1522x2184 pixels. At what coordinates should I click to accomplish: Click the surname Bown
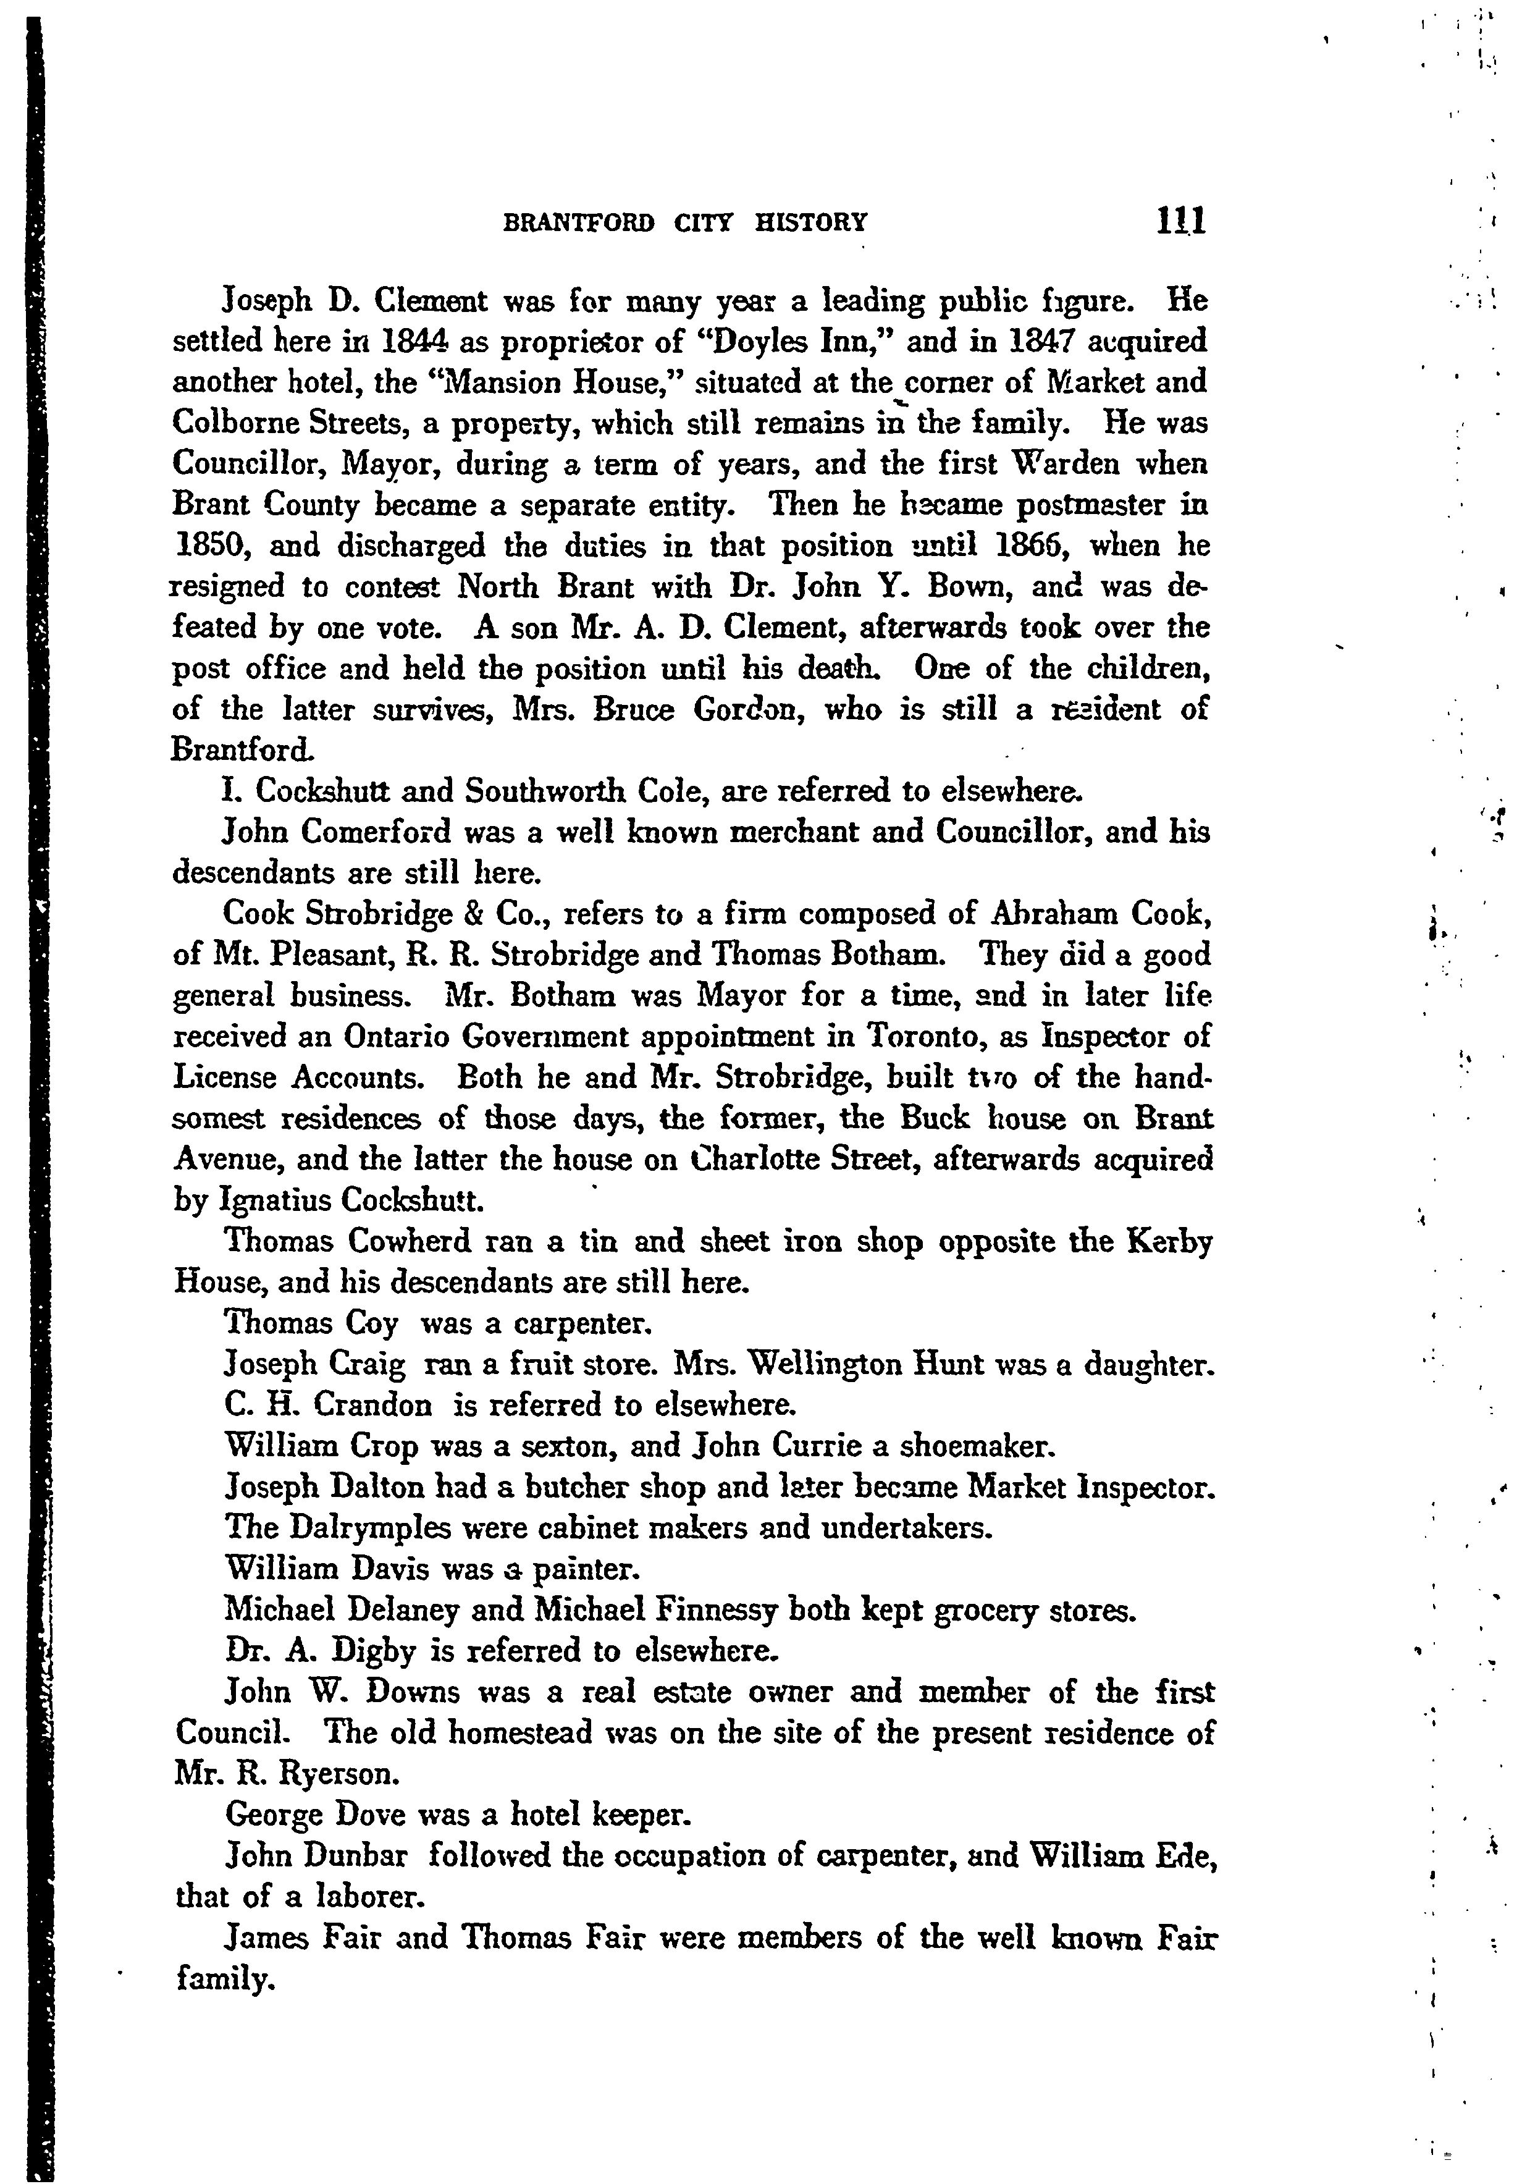point(981,587)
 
